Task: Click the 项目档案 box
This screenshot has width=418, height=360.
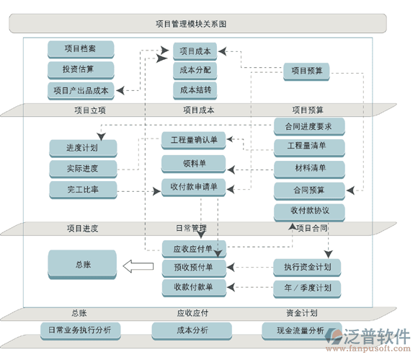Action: tap(81, 49)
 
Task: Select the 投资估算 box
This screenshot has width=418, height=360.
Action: tap(81, 69)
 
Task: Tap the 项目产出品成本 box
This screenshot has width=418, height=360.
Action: tap(81, 90)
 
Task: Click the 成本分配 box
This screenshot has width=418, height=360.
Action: tap(196, 70)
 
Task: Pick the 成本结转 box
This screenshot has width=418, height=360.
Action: tap(196, 90)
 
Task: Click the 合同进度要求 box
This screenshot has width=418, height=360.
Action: tap(309, 126)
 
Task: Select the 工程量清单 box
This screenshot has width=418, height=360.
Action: tap(309, 146)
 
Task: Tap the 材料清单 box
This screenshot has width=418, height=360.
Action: tap(309, 169)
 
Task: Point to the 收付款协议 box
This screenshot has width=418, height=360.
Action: tap(309, 211)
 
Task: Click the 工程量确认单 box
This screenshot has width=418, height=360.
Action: tap(194, 139)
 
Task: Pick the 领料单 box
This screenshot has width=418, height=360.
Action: tap(194, 164)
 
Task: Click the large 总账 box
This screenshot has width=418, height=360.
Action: tap(82, 265)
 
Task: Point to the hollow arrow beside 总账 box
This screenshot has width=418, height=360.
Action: tap(138, 266)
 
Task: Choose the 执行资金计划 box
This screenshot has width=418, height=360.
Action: tap(307, 267)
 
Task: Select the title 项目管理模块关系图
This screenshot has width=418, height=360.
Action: tap(191, 24)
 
